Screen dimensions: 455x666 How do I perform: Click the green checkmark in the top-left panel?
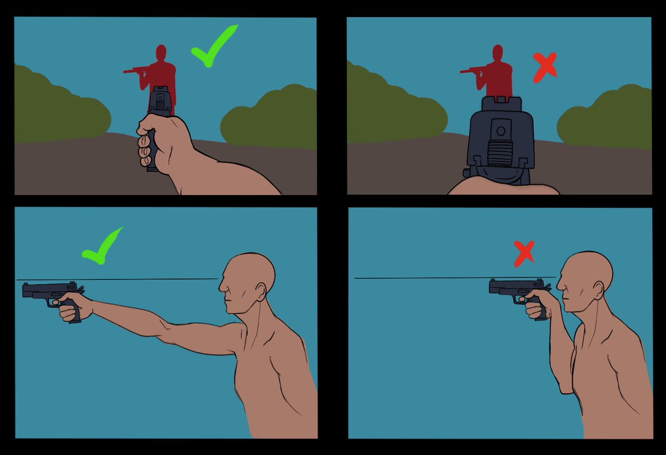pyautogui.click(x=212, y=48)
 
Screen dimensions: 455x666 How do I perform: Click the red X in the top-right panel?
pyautogui.click(x=544, y=67)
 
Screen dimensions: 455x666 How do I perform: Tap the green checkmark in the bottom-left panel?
pyautogui.click(x=102, y=247)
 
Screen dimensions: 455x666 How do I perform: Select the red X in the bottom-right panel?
pyautogui.click(x=524, y=253)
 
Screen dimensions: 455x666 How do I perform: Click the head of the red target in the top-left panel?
pyautogui.click(x=161, y=53)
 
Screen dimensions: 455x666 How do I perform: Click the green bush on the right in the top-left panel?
pyautogui.click(x=269, y=119)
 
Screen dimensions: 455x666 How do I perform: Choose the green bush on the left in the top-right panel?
pyautogui.click(x=389, y=108)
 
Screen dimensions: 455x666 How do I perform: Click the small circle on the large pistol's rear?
pyautogui.click(x=500, y=132)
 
